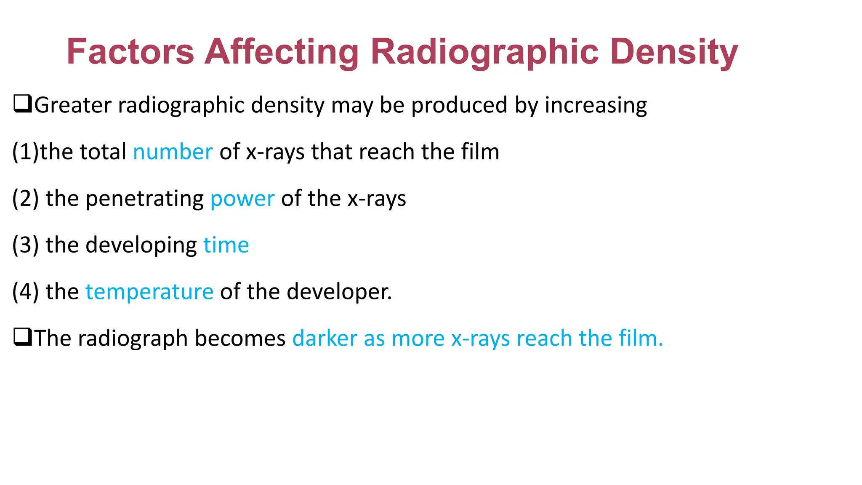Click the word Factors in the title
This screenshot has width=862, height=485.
130,52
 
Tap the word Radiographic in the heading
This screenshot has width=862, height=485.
484,52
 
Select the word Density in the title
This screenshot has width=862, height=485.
674,52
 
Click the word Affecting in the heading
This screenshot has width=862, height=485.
282,52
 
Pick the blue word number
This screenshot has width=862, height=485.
173,152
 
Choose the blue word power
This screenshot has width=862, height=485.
242,198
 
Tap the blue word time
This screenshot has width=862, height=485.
226,245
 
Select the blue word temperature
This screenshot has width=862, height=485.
149,291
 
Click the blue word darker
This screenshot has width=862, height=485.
325,338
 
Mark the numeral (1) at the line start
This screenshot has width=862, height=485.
25,152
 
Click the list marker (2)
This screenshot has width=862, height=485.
25,198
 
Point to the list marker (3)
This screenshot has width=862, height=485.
25,245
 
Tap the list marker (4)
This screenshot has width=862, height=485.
25,291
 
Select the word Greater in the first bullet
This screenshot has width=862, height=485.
72,105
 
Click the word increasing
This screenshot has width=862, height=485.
596,105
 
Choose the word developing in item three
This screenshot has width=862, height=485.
141,245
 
